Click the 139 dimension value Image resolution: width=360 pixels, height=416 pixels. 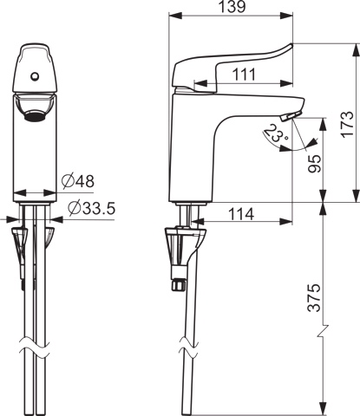(232, 7)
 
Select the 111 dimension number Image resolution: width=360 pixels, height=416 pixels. (245, 75)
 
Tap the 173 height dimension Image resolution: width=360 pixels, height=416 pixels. (347, 124)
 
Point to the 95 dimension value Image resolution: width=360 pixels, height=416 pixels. (314, 164)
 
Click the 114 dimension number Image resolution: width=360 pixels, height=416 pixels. (241, 214)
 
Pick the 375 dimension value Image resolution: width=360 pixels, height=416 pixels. (314, 297)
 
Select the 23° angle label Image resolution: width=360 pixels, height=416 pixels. (275, 133)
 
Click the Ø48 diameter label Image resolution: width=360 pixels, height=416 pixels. (78, 181)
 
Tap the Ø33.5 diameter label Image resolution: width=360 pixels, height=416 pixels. (92, 208)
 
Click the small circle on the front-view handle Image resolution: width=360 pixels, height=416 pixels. (35, 76)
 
